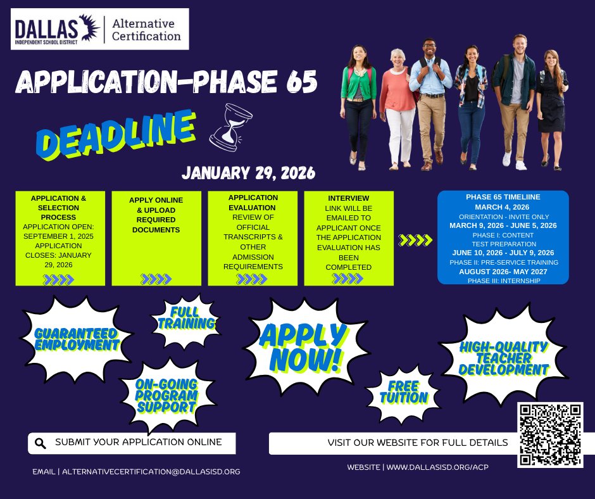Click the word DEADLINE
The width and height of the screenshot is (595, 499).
point(115,134)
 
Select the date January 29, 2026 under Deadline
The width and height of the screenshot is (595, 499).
point(248,172)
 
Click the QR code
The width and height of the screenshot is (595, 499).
point(550,434)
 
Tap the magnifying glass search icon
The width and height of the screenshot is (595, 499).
point(41,443)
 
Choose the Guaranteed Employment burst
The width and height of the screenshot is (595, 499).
point(77,339)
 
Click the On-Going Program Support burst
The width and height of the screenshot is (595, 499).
point(166,395)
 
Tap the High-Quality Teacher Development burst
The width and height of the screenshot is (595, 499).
point(503,358)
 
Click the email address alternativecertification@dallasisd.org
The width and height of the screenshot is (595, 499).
point(151,472)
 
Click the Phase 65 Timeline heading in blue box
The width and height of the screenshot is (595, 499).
point(503,197)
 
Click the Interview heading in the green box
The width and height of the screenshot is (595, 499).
point(349,198)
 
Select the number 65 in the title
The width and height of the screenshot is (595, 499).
point(295,84)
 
